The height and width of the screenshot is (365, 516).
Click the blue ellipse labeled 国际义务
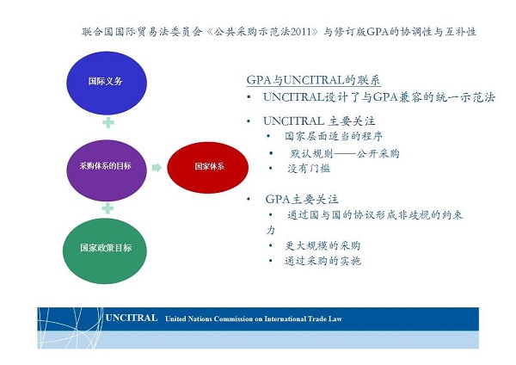(107, 83)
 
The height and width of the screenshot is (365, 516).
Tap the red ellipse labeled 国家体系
(207, 167)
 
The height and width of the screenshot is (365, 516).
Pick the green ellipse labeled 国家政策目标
(105, 251)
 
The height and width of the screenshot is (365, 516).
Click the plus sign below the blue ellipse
(108, 123)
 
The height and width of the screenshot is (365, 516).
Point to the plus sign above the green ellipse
(107, 208)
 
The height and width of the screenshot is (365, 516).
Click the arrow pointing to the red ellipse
(157, 168)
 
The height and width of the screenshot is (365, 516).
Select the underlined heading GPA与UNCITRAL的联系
(314, 80)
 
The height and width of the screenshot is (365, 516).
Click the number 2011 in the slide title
(300, 32)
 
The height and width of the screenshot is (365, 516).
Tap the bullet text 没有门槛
(309, 169)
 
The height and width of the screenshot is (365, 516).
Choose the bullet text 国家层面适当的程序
(334, 136)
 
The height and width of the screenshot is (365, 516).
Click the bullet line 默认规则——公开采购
(345, 153)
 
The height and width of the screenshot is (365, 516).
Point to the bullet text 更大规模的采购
(322, 245)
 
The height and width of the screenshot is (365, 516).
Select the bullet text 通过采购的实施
(322, 261)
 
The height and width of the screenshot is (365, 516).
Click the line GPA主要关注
(302, 200)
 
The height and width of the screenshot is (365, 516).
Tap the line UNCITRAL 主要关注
(319, 121)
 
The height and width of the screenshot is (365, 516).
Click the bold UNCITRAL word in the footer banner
(132, 318)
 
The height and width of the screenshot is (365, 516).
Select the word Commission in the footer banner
(233, 319)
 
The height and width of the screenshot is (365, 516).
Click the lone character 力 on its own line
(271, 230)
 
